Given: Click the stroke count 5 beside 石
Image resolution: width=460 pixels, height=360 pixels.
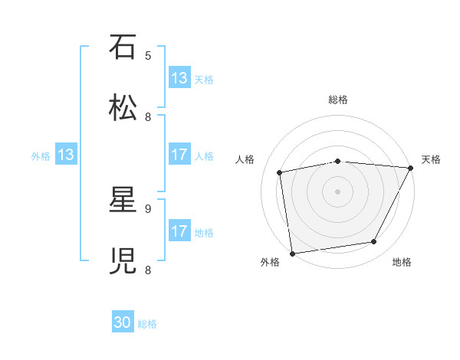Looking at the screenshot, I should coord(148,55).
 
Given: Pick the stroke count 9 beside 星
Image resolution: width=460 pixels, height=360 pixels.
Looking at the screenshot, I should coord(148,208).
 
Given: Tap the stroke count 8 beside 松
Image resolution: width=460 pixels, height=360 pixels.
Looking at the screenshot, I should coord(148,116).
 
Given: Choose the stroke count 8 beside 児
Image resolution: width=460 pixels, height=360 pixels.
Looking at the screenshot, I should coord(148,270).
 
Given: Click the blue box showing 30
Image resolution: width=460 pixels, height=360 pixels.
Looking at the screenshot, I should coord(123,323).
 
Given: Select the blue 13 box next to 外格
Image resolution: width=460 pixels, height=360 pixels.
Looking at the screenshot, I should coord(66,155).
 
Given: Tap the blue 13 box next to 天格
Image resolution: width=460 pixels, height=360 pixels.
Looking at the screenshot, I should coord(179,78).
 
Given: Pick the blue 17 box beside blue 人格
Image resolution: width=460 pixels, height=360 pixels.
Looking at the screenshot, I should coord(179,155).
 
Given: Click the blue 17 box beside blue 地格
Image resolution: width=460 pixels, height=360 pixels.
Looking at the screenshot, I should coord(179,232).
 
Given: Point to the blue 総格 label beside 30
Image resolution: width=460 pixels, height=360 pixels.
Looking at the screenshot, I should coord(147,324).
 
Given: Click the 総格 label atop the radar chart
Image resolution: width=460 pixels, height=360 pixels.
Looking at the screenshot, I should coord(338,100).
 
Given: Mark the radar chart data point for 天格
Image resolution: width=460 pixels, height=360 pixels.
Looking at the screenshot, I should coord(410,169).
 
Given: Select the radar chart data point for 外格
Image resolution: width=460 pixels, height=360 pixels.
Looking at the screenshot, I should coord(292,253).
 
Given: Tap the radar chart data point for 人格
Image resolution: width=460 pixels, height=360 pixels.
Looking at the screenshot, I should coord(281,172).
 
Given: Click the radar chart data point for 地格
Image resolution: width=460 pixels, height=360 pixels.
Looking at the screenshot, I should coord(374,242).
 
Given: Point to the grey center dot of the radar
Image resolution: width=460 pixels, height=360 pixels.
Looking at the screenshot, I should coord(338,191).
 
